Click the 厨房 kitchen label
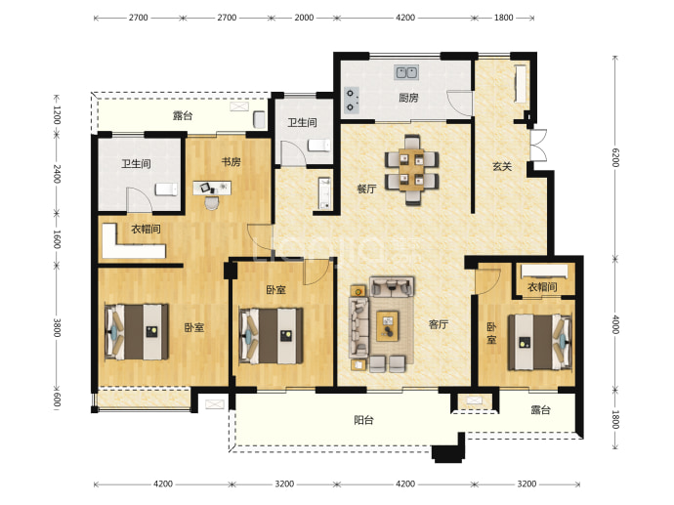[408, 98]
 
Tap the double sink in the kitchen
[406, 72]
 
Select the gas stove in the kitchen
[352, 100]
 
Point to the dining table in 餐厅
[412, 169]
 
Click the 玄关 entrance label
[502, 166]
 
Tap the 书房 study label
[232, 162]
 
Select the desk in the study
[212, 188]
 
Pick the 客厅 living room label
[439, 324]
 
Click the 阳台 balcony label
[363, 419]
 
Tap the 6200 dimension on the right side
[615, 157]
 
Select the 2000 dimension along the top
[304, 18]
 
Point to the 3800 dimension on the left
[57, 327]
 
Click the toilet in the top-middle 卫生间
[319, 146]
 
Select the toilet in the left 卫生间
[166, 189]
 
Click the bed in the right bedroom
[540, 342]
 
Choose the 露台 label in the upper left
[183, 115]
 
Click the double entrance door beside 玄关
[538, 145]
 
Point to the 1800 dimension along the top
[503, 18]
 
